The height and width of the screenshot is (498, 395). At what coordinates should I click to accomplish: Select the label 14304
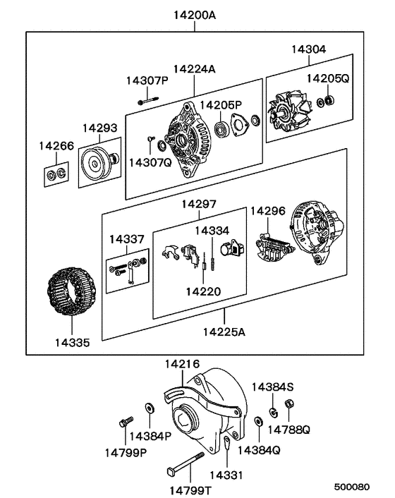309,49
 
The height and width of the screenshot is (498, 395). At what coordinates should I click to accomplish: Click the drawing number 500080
351,487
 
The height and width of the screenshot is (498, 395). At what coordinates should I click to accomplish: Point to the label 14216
182,365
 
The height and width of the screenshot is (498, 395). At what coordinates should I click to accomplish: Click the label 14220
202,291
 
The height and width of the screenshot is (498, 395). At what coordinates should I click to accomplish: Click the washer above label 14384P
150,408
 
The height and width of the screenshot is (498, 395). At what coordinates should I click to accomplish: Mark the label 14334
212,230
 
